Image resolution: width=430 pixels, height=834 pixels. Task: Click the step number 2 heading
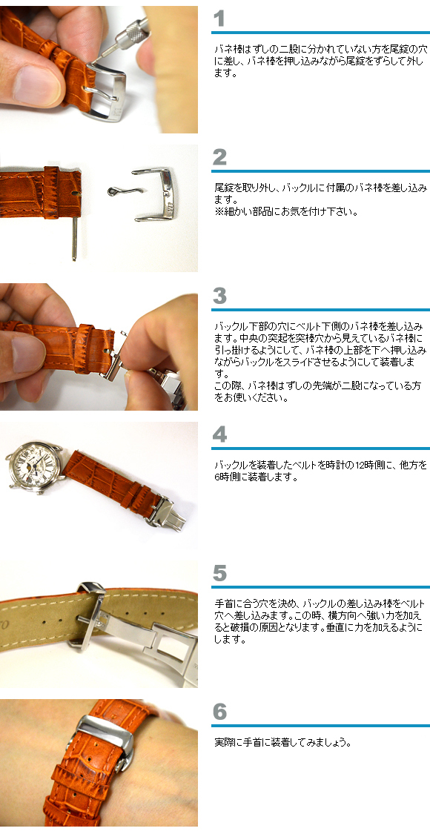(219, 157)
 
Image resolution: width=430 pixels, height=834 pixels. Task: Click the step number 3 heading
(219, 296)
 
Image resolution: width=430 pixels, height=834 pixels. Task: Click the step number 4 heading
(219, 434)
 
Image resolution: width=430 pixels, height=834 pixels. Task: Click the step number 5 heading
(219, 572)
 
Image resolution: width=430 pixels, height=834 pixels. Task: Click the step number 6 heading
(219, 712)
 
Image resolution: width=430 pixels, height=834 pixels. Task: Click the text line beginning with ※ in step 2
(286, 211)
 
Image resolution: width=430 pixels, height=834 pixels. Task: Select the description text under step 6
(281, 742)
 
